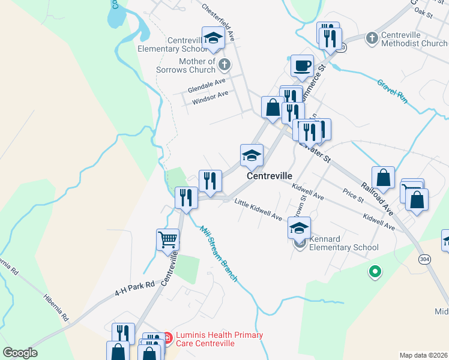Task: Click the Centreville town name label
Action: pyautogui.click(x=270, y=176)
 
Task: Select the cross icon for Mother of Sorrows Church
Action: pyautogui.click(x=224, y=64)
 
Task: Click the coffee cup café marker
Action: pyautogui.click(x=302, y=65)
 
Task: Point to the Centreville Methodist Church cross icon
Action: pyautogui.click(x=372, y=38)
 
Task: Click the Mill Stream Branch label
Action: pyautogui.click(x=219, y=254)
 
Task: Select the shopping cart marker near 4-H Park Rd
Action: pyautogui.click(x=167, y=239)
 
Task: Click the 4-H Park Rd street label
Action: pyautogui.click(x=135, y=289)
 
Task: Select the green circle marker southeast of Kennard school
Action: pyautogui.click(x=375, y=272)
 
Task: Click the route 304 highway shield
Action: pyautogui.click(x=425, y=258)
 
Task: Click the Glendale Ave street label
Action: pyautogui.click(x=206, y=85)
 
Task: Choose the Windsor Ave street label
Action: pyautogui.click(x=210, y=98)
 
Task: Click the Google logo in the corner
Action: pyautogui.click(x=20, y=353)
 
